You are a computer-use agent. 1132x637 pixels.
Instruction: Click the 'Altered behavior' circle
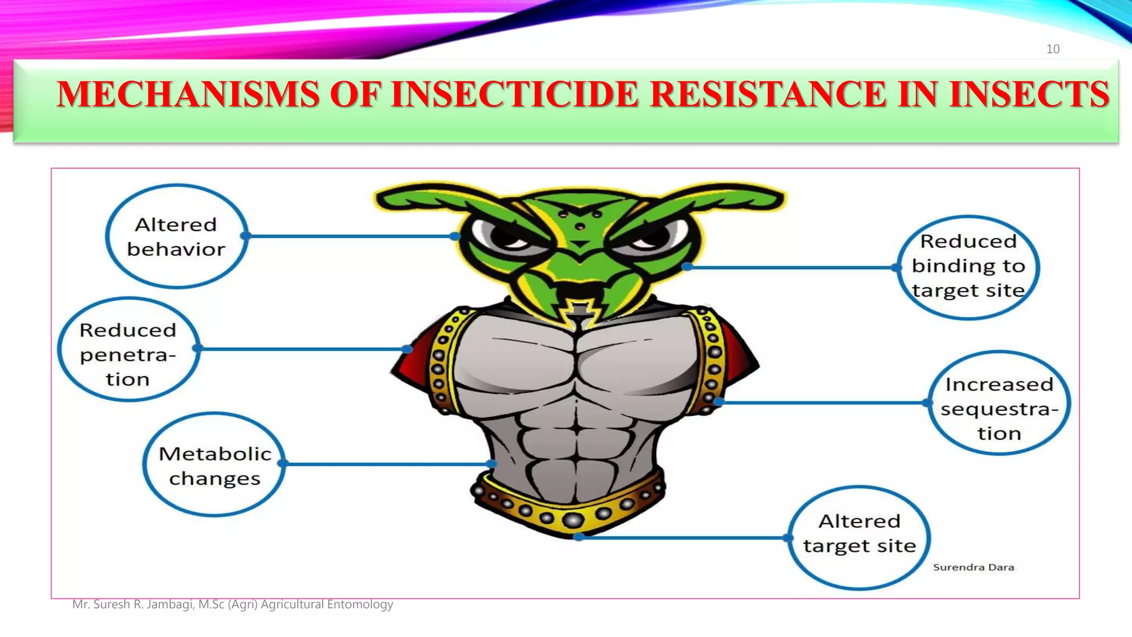[x=176, y=237]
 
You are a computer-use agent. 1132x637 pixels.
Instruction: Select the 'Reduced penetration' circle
[x=128, y=349]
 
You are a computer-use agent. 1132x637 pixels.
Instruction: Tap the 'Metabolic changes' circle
[x=214, y=465]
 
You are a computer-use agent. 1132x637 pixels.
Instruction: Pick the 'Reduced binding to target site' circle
[x=968, y=267]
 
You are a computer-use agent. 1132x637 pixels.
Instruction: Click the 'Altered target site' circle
[x=859, y=537]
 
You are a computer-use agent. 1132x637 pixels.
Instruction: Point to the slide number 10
[x=1052, y=49]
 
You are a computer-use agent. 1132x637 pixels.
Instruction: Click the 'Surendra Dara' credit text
[x=973, y=567]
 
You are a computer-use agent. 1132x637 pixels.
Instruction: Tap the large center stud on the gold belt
[x=573, y=520]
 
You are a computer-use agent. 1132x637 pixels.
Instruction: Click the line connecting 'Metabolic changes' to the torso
[x=387, y=464]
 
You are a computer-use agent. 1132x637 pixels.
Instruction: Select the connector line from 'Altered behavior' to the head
[x=348, y=236]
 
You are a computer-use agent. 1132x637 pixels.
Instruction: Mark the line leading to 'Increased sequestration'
[x=824, y=403]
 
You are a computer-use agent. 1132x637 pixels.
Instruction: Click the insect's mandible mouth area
[x=579, y=293]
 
